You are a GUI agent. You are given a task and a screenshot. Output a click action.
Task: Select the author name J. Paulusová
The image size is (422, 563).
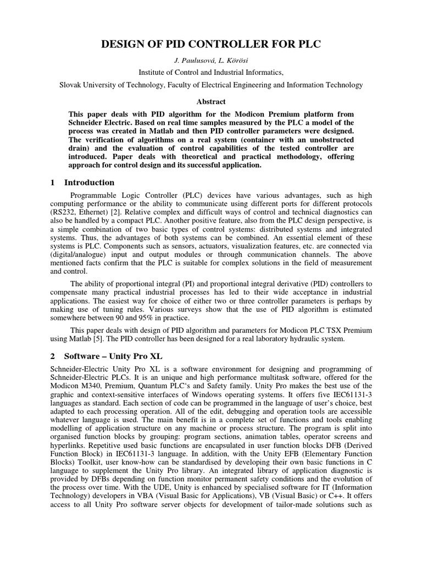coord(191,60)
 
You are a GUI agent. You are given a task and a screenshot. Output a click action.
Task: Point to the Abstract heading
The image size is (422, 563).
coord(210,101)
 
